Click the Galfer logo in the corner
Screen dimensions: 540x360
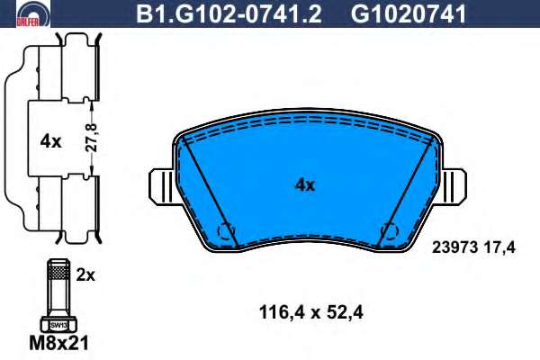point(33,13)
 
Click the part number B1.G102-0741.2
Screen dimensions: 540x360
point(229,14)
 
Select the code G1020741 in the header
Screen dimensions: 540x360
point(409,14)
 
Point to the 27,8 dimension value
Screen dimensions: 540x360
point(91,138)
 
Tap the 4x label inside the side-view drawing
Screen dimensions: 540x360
point(50,141)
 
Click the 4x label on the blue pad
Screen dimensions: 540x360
point(305,185)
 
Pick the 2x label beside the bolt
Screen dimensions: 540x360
point(85,275)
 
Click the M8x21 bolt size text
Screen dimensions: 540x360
point(58,343)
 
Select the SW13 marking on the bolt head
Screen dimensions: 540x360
point(58,325)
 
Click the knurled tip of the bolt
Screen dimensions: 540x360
point(58,271)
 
